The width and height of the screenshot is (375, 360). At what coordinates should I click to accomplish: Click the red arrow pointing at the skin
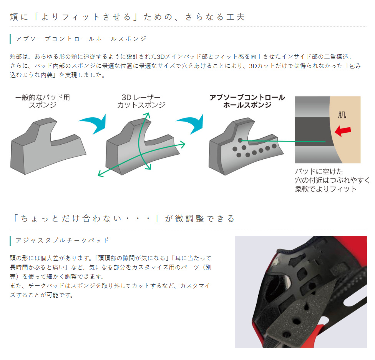click(343, 131)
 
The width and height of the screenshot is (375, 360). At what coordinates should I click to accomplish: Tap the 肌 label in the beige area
click(342, 115)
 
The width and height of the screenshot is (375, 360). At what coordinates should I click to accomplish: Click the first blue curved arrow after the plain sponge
click(93, 124)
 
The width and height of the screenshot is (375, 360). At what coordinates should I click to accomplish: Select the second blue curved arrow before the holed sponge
click(190, 124)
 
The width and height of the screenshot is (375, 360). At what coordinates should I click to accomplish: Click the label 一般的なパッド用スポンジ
click(43, 101)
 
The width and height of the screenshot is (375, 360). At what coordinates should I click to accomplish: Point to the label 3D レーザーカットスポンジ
click(141, 101)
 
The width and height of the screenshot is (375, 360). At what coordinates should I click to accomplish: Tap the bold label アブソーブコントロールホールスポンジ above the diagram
click(247, 101)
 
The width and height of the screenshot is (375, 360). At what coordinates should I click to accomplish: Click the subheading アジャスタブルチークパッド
click(62, 240)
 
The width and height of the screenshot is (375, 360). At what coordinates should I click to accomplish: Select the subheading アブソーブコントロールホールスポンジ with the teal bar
click(81, 39)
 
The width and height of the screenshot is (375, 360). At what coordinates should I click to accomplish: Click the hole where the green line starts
click(241, 140)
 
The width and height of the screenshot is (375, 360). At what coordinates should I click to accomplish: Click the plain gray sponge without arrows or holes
click(48, 146)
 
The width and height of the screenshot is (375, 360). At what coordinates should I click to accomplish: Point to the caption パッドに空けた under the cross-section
click(319, 172)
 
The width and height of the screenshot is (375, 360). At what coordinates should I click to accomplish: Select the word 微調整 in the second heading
click(190, 218)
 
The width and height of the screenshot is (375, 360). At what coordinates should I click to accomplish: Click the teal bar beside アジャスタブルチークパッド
click(10, 240)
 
